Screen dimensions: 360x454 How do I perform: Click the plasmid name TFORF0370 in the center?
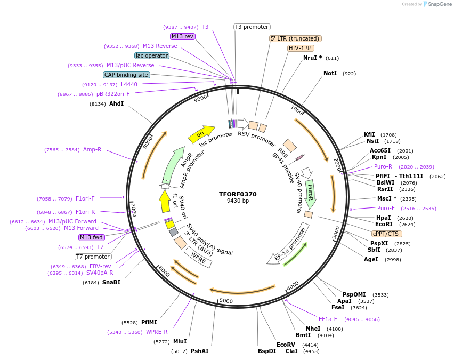238,194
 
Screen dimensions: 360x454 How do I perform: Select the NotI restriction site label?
330,73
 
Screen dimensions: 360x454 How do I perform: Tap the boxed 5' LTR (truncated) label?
295,38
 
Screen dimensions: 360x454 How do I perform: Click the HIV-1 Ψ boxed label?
300,48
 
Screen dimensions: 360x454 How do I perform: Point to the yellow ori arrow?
201,134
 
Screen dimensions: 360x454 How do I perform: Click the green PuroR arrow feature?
310,193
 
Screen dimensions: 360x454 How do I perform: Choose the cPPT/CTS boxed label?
386,234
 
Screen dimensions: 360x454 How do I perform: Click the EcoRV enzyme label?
285,345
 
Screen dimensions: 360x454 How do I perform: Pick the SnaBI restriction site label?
111,282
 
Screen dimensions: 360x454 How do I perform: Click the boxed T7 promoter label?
93,257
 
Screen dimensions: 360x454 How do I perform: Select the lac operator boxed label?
152,55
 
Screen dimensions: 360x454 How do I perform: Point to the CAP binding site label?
126,75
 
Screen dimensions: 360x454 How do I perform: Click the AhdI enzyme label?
116,103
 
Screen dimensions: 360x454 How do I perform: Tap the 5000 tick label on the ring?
226,301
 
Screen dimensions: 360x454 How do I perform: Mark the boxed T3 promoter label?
252,27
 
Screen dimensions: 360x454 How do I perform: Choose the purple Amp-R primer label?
92,149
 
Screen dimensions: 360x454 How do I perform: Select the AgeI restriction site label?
371,259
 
